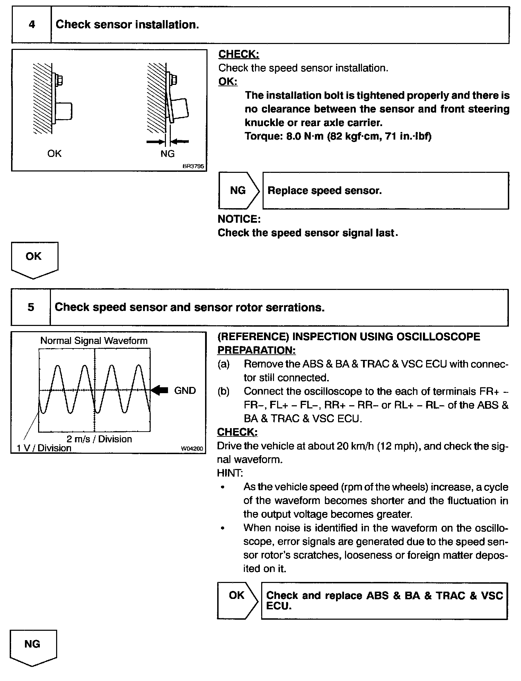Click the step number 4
[32, 25]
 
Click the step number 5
[31, 307]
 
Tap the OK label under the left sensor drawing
[54, 153]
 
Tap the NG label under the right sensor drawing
[167, 153]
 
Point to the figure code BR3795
[193, 166]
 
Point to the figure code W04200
[192, 449]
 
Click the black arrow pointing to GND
[160, 390]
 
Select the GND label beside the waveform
[185, 391]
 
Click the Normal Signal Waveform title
[94, 340]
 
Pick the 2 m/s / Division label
[99, 439]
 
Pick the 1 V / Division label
[44, 448]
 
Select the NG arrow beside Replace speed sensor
[238, 191]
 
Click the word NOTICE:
[239, 219]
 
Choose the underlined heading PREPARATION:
[256, 350]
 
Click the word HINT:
[230, 473]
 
